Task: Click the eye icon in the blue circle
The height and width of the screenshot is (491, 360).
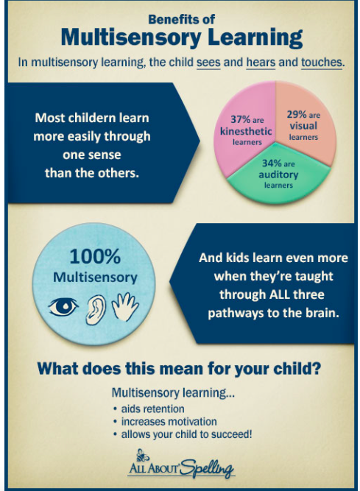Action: pos(63,307)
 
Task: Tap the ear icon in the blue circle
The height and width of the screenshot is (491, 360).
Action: pos(96,309)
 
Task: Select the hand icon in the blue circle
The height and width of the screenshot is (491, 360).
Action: pos(125,307)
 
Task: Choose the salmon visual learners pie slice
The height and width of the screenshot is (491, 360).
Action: pos(306,122)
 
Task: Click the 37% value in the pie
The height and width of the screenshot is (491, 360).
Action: pos(241,119)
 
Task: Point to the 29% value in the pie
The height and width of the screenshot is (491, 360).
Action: pos(297,114)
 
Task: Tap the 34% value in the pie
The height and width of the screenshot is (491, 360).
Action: pos(272,163)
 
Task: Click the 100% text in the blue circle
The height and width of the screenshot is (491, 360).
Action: pos(95,256)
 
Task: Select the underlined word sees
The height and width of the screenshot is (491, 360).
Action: pos(208,62)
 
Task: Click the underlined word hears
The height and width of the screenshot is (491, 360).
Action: pos(261,62)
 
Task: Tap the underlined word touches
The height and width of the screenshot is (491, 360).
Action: pos(322,62)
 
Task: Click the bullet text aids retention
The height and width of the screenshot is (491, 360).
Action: pos(153,409)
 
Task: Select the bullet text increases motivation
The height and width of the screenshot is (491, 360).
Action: pos(169,422)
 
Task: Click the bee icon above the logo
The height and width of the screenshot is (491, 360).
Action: pos(142,455)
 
